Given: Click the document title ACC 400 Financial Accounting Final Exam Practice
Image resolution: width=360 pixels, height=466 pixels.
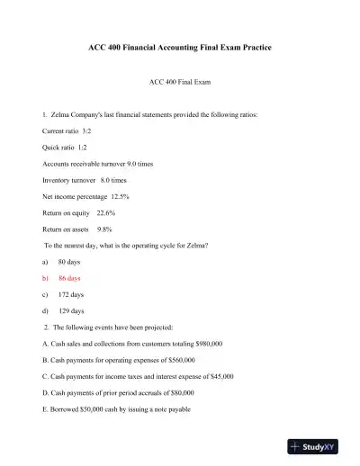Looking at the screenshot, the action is tap(180, 46).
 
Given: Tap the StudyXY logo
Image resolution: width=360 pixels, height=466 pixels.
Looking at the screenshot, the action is tap(319, 446).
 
